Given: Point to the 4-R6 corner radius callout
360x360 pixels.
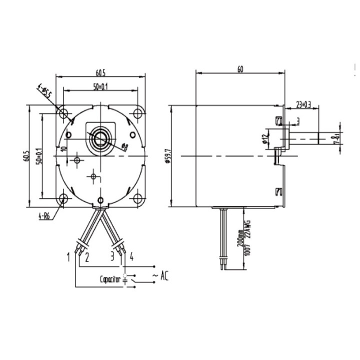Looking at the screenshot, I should [44, 216].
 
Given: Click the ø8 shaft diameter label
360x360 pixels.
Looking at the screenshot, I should [124, 147].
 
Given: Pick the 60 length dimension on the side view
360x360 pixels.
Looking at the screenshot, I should [240, 69].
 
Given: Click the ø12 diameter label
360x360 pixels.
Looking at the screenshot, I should [264, 138].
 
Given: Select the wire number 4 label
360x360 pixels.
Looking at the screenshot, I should [131, 257].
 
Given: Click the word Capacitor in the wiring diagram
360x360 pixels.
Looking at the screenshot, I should [110, 280].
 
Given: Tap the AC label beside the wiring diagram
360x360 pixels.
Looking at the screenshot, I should [163, 275].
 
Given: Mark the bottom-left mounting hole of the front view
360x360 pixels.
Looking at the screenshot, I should [63, 198].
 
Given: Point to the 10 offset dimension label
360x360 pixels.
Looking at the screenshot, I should [64, 148].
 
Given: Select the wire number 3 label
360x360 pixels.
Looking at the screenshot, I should [113, 258].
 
